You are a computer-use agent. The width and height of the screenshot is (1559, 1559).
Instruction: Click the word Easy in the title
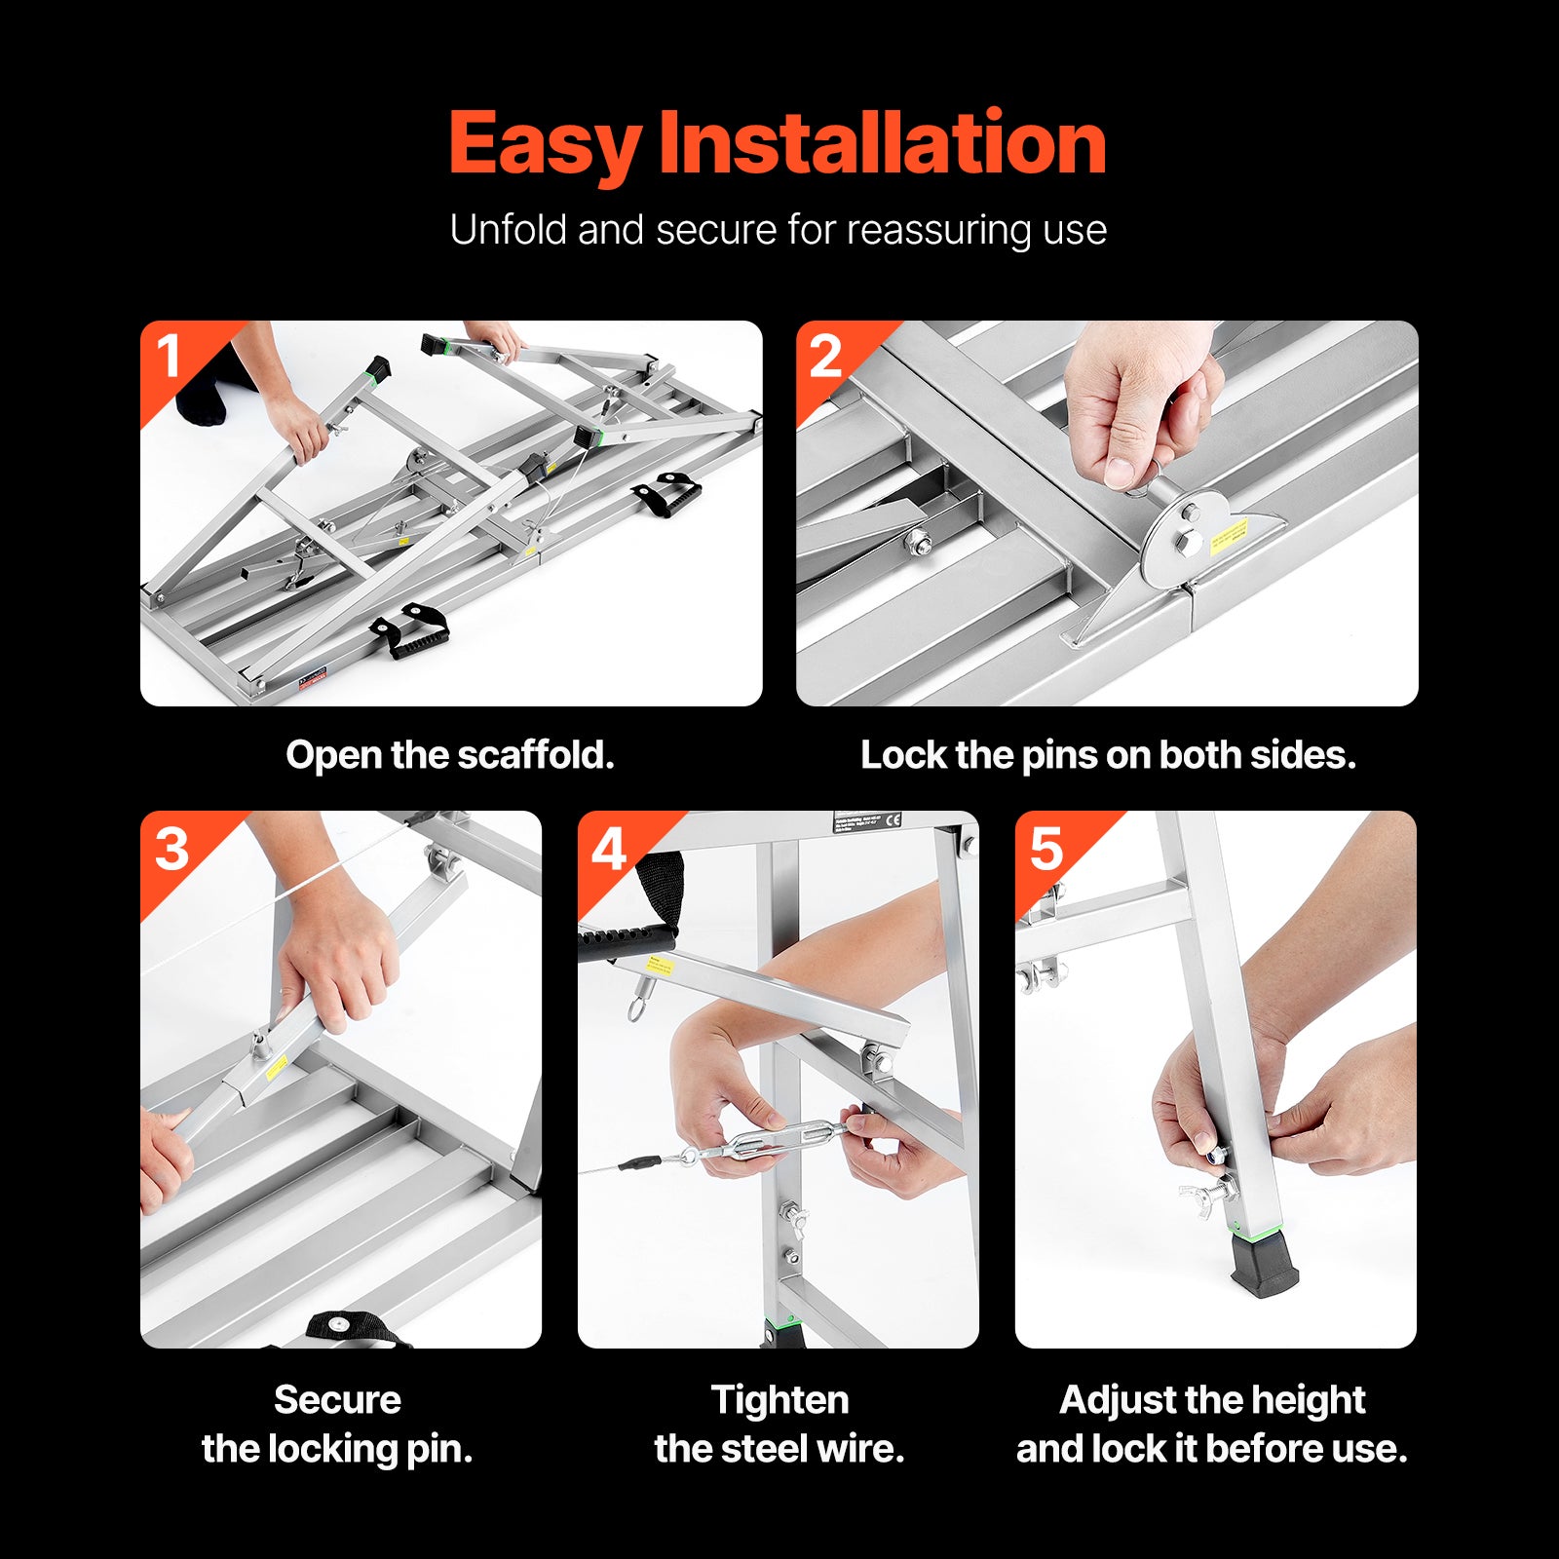(x=544, y=144)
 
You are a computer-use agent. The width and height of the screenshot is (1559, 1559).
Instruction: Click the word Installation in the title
(x=882, y=144)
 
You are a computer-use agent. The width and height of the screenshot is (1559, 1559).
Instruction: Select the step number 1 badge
(x=170, y=356)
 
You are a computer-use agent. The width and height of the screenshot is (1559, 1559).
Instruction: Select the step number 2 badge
(x=825, y=356)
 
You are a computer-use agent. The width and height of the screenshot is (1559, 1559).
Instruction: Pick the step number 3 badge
(x=171, y=849)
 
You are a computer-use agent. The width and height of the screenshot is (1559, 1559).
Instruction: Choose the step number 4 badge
(x=609, y=849)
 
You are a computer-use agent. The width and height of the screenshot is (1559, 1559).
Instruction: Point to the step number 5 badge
(x=1046, y=849)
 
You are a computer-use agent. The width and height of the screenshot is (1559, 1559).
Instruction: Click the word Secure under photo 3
(x=337, y=1400)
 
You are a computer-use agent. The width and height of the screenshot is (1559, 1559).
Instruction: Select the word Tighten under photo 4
(x=779, y=1400)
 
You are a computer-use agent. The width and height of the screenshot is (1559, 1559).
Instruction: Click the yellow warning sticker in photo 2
(x=1230, y=536)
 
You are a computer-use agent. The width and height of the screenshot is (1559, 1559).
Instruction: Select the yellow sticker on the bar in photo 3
(x=277, y=1067)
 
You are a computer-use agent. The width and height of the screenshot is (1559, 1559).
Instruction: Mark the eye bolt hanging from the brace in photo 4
(x=636, y=1004)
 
